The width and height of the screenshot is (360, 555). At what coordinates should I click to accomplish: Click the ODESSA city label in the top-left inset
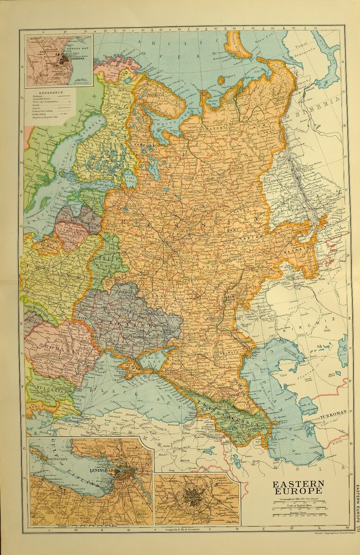click(74, 59)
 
